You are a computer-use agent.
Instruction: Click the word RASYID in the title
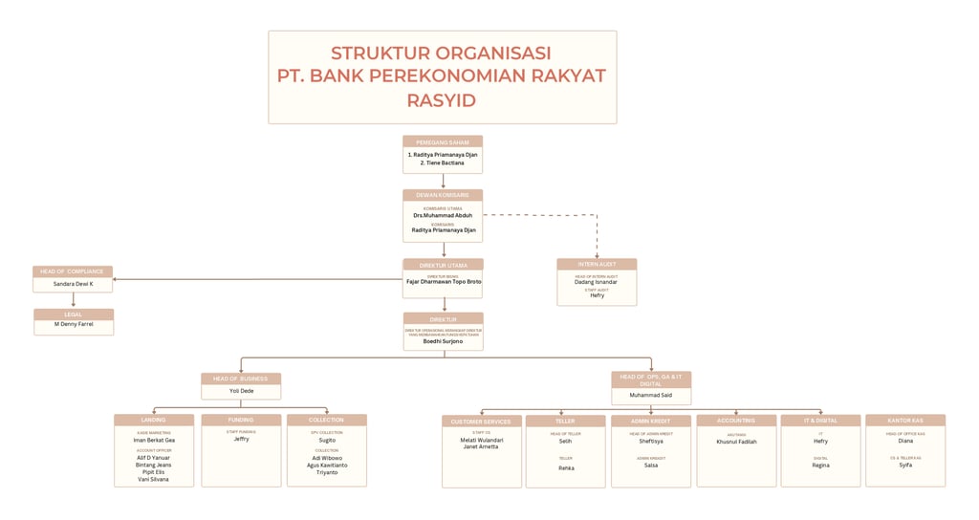pyautogui.click(x=442, y=100)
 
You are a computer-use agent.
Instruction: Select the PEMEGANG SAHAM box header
pyautogui.click(x=442, y=141)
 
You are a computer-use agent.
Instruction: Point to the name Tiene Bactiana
pyautogui.click(x=442, y=163)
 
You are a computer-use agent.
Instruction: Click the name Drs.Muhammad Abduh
pyautogui.click(x=442, y=216)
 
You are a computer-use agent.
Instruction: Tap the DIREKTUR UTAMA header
pyautogui.click(x=443, y=265)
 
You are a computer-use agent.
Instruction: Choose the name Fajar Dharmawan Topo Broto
pyautogui.click(x=443, y=282)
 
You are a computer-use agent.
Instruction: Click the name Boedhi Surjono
pyautogui.click(x=443, y=340)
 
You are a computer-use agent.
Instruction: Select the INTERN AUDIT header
pyautogui.click(x=597, y=264)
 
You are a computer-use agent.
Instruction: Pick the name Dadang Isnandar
pyautogui.click(x=597, y=282)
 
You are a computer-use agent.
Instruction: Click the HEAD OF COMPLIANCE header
pyautogui.click(x=73, y=271)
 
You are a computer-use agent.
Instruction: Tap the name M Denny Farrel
pyautogui.click(x=74, y=326)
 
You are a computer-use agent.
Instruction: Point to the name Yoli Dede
pyautogui.click(x=241, y=391)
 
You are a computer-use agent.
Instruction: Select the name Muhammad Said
pyautogui.click(x=650, y=394)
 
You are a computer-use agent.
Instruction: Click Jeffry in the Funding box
pyautogui.click(x=241, y=439)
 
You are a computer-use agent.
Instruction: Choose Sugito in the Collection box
pyautogui.click(x=327, y=441)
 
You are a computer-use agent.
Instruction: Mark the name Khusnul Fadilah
pyautogui.click(x=736, y=442)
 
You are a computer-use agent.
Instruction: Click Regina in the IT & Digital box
pyautogui.click(x=821, y=466)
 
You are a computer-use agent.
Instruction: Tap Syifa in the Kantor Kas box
pyautogui.click(x=905, y=466)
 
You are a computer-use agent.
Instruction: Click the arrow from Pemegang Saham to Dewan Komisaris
pyautogui.click(x=443, y=182)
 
